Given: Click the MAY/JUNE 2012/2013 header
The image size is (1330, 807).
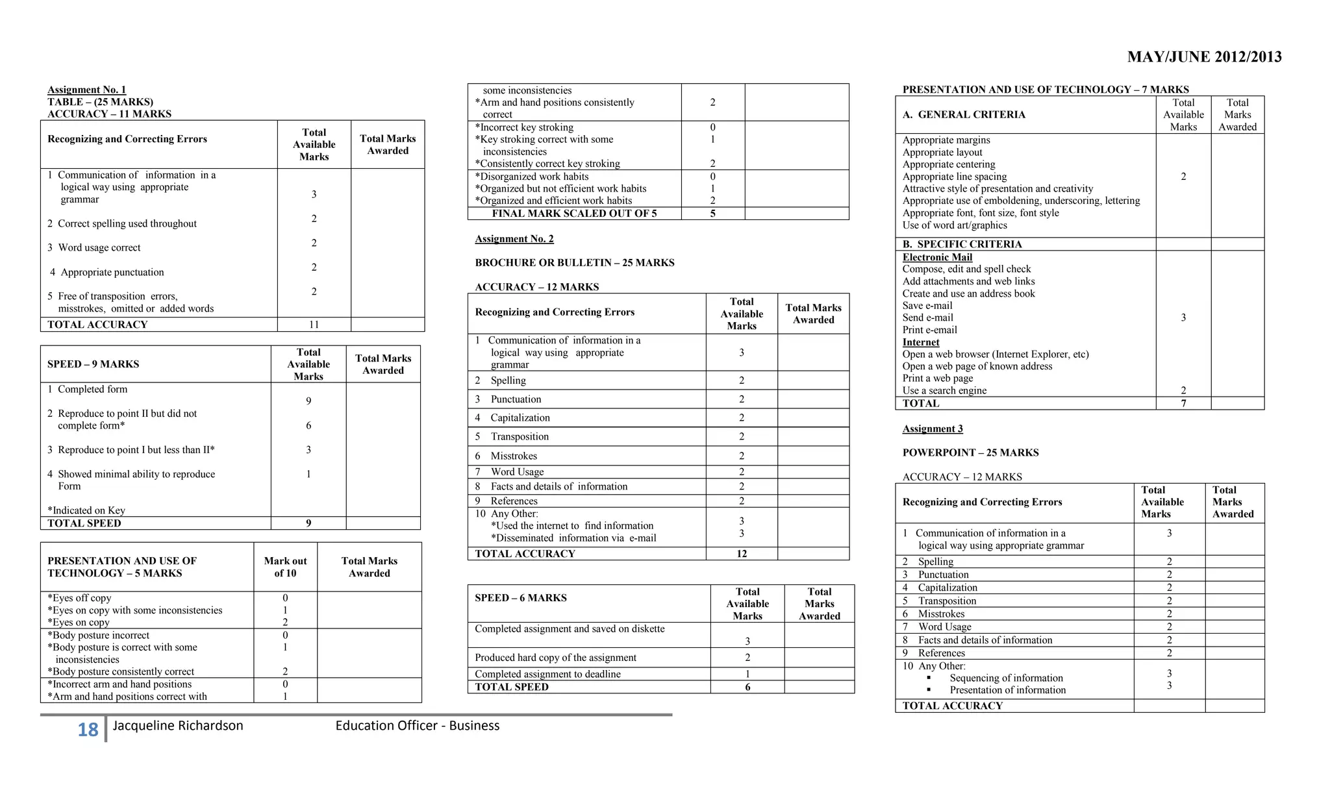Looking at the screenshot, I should click(x=1204, y=57).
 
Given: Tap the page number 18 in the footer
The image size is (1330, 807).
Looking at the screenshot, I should click(x=88, y=730).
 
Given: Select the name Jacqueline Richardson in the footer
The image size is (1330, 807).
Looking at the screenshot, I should click(x=178, y=726).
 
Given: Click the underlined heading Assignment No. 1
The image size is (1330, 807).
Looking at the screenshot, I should click(x=86, y=90).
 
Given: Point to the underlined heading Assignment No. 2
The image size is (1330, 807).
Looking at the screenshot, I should click(x=514, y=239).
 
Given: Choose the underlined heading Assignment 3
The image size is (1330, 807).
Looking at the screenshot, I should click(x=932, y=428).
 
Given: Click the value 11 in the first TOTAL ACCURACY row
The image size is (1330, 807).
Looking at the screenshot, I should click(x=314, y=325).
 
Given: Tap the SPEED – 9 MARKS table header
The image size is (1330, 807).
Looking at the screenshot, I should click(x=93, y=364).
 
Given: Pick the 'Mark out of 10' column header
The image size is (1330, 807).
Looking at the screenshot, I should click(x=285, y=567).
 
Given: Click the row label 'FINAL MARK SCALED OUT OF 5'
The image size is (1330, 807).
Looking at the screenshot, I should click(x=574, y=214).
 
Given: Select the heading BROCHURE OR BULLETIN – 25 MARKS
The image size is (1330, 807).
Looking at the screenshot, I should click(x=574, y=263).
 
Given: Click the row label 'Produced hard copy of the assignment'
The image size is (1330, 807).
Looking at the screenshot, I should click(x=555, y=658).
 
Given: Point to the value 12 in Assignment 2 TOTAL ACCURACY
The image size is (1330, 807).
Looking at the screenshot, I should click(x=741, y=554).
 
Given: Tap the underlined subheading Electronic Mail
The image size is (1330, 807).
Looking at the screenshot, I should click(x=936, y=257).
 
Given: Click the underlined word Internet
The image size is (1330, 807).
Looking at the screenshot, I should click(x=920, y=342).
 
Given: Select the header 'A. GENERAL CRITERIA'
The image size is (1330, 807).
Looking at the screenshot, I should click(x=963, y=115).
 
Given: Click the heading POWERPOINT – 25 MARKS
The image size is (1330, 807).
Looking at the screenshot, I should click(x=970, y=453).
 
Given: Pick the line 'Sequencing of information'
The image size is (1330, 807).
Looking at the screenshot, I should click(x=1006, y=678).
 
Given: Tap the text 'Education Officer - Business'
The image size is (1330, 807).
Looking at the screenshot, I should click(x=417, y=726).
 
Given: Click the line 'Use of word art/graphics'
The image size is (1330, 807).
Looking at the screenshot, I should click(x=954, y=225).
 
